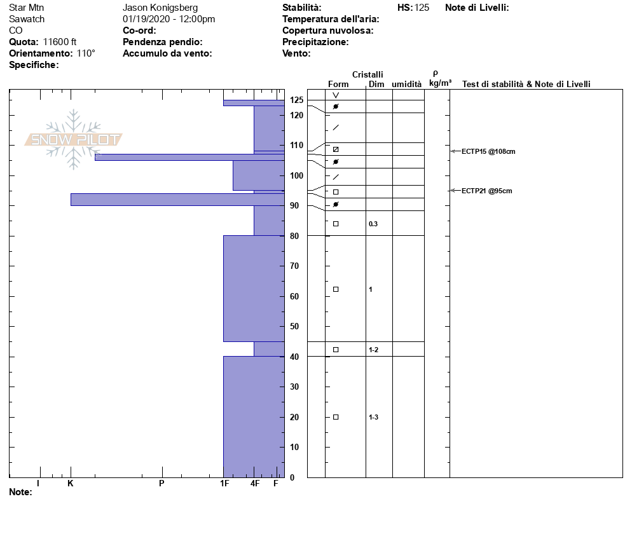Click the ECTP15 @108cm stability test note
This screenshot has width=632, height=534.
[488, 151]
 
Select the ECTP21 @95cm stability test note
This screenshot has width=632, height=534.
[486, 191]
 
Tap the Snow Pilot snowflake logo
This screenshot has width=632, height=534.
[73, 139]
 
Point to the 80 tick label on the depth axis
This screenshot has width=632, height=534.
[294, 236]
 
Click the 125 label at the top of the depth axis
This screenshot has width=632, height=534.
[297, 100]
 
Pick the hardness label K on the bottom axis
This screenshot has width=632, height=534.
[70, 483]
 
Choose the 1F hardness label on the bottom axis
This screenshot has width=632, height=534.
[224, 483]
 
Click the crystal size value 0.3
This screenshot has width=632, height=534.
[373, 224]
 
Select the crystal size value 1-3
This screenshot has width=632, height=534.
[374, 417]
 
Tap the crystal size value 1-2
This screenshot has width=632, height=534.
[374, 350]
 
